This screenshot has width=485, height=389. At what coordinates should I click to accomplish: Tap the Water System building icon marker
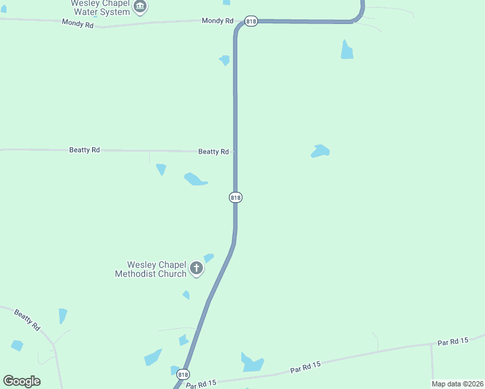click(140, 7)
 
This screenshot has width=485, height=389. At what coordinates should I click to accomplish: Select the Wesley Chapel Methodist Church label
click(150, 269)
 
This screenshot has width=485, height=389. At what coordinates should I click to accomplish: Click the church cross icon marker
click(196, 268)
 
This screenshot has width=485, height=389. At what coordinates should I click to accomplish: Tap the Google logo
click(21, 381)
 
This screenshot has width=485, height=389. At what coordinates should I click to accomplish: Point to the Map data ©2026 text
click(456, 384)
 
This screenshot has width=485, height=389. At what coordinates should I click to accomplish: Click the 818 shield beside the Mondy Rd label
click(252, 21)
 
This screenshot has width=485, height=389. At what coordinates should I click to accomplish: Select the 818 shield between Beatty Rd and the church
click(236, 197)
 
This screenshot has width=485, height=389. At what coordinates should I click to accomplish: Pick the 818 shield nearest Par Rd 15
click(183, 375)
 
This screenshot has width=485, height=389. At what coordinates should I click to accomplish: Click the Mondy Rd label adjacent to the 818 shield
click(217, 21)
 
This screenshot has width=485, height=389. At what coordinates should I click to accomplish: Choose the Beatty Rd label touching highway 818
click(213, 152)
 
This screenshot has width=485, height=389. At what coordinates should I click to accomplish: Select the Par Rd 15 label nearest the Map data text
click(453, 342)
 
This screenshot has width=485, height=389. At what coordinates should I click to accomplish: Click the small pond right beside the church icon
click(209, 257)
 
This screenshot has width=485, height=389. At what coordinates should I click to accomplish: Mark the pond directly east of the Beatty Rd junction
click(320, 151)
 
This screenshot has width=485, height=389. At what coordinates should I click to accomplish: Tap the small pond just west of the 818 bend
click(224, 60)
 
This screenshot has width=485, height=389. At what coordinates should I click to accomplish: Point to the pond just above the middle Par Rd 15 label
click(252, 362)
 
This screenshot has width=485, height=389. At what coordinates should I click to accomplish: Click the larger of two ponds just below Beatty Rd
click(195, 179)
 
